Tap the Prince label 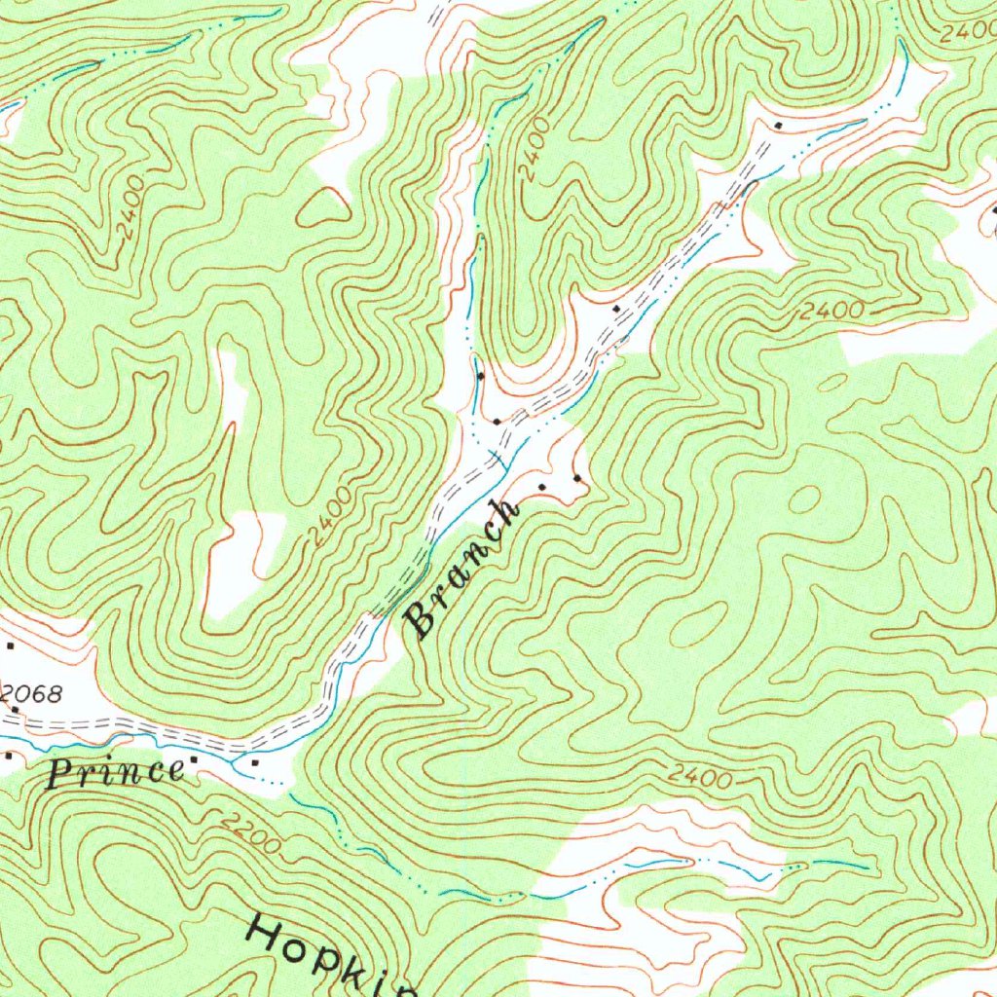tap(116, 773)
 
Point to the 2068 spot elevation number tap(32, 694)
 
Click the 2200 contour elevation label tap(249, 835)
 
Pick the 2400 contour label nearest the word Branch tap(330, 517)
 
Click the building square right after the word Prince tap(195, 759)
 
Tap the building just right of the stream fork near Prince tap(255, 763)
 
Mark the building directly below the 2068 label tap(15, 710)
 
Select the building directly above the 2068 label tap(11, 646)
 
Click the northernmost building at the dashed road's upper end tap(778, 127)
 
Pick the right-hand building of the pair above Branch tap(576, 478)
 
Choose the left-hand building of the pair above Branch tap(542, 485)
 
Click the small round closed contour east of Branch tap(804, 499)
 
